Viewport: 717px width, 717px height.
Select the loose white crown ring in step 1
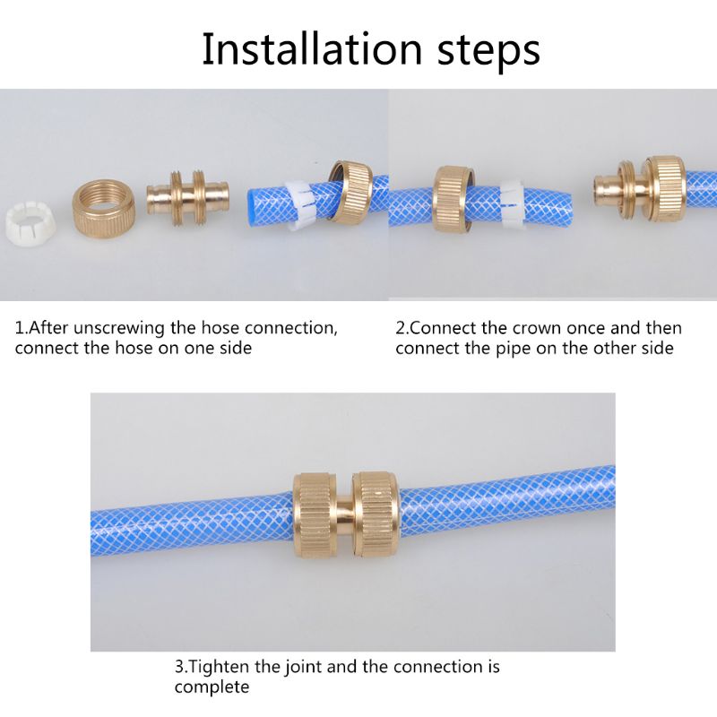27,220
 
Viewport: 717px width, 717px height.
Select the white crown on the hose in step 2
512,205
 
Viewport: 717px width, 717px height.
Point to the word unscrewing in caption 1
134,328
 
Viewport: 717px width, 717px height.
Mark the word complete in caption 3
212,687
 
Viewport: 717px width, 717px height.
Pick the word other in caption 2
609,349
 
